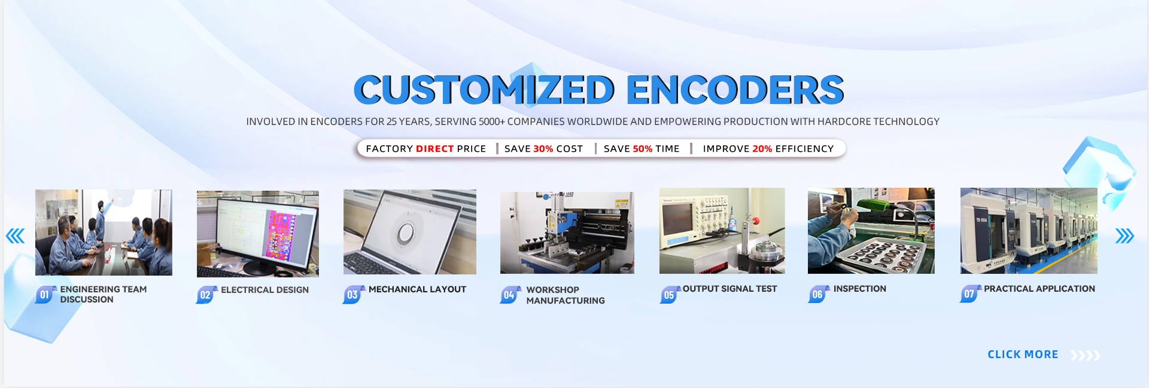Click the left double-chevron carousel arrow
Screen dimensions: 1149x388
pos(16,236)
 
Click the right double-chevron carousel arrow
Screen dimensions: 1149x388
pos(1124,236)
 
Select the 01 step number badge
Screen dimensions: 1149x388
pos(45,295)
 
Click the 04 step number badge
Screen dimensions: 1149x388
pos(509,295)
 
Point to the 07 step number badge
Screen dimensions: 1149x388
pos(969,294)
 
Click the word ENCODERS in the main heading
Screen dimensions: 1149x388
pos(735,90)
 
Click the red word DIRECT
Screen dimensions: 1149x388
pos(435,149)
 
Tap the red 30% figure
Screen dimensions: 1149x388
pos(543,149)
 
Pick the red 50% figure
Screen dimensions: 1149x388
pos(643,149)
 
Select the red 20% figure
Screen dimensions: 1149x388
pos(762,149)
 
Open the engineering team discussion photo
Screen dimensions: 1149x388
pos(104,233)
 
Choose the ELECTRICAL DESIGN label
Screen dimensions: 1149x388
pos(265,290)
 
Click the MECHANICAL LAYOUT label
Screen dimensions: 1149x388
pos(417,289)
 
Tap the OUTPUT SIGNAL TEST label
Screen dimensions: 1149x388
pos(729,289)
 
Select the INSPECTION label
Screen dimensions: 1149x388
pos(859,289)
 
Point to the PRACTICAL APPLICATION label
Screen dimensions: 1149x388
pos(1039,289)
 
